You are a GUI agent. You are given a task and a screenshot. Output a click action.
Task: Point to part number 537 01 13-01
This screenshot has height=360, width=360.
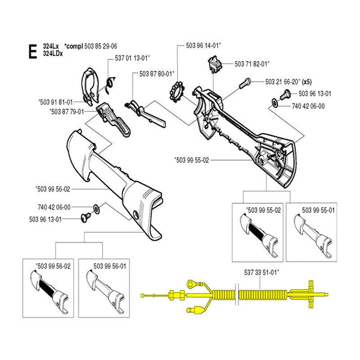(132, 58)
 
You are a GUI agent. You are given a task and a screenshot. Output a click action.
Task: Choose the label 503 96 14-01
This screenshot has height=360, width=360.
(203, 45)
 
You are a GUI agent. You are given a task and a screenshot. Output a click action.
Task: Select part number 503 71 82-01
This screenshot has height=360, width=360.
(253, 63)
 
